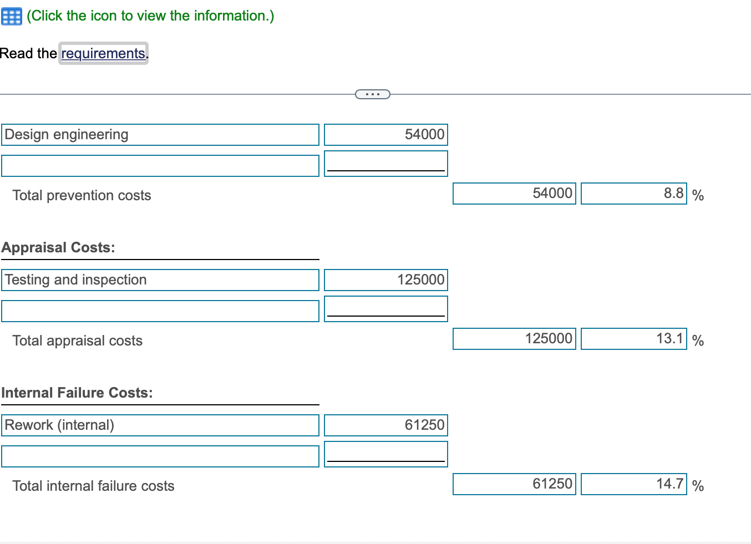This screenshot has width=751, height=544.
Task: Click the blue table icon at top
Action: click(x=11, y=17)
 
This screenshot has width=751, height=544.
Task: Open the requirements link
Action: click(x=103, y=53)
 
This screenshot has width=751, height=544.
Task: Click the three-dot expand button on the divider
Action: click(x=372, y=94)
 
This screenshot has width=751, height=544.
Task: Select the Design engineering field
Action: click(x=160, y=135)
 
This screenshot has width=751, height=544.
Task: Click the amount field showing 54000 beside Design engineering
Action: click(x=385, y=135)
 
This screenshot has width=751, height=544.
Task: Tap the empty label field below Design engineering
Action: click(x=160, y=166)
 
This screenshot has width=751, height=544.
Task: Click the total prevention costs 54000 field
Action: click(x=514, y=194)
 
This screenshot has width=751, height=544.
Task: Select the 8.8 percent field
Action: click(x=633, y=194)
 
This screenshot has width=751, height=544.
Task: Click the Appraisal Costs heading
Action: click(x=58, y=247)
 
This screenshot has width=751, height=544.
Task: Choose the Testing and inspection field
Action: click(x=160, y=280)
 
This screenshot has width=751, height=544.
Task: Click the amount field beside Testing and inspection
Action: click(x=385, y=280)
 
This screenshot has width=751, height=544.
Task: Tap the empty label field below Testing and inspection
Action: click(x=160, y=311)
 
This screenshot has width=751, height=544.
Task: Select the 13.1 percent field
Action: click(x=633, y=339)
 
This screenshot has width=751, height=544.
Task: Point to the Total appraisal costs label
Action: click(x=77, y=340)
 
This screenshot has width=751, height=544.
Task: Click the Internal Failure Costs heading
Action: click(x=77, y=393)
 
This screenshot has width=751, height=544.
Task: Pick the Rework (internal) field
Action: click(x=160, y=425)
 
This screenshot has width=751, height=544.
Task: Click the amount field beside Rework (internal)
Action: click(x=385, y=425)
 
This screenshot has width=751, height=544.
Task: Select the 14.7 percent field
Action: click(x=633, y=484)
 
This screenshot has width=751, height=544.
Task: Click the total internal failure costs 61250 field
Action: click(x=514, y=484)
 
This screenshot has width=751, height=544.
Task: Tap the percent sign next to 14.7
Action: click(x=698, y=486)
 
